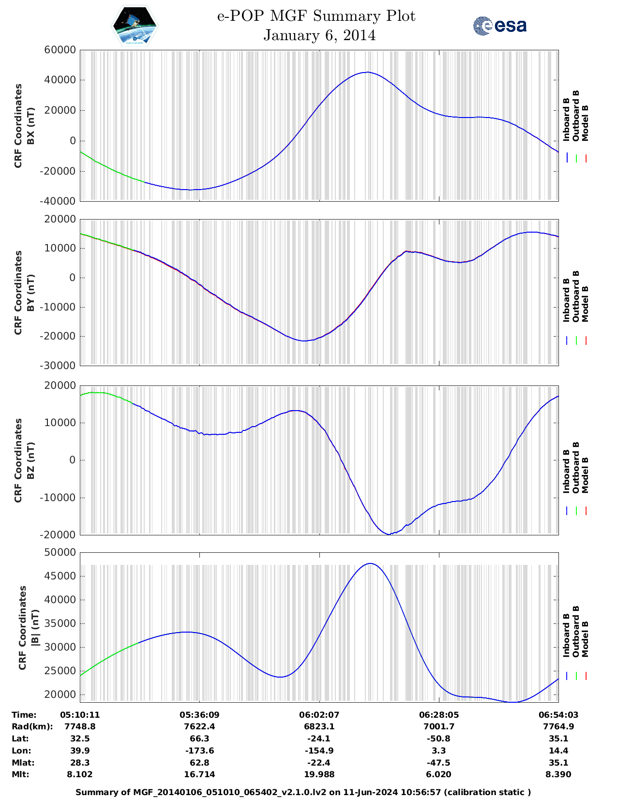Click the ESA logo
499,26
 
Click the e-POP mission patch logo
135,25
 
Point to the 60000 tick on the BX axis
60,50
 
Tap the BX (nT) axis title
31,126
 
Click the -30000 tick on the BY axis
60,366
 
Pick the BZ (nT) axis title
31,460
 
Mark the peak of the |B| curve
370,563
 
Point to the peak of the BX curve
367,73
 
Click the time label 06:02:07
319,715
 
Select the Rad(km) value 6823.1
319,726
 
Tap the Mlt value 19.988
319,774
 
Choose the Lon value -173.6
199,751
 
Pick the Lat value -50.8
439,739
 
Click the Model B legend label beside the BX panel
585,123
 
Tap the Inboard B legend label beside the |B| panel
566,635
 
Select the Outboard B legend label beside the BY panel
576,296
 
